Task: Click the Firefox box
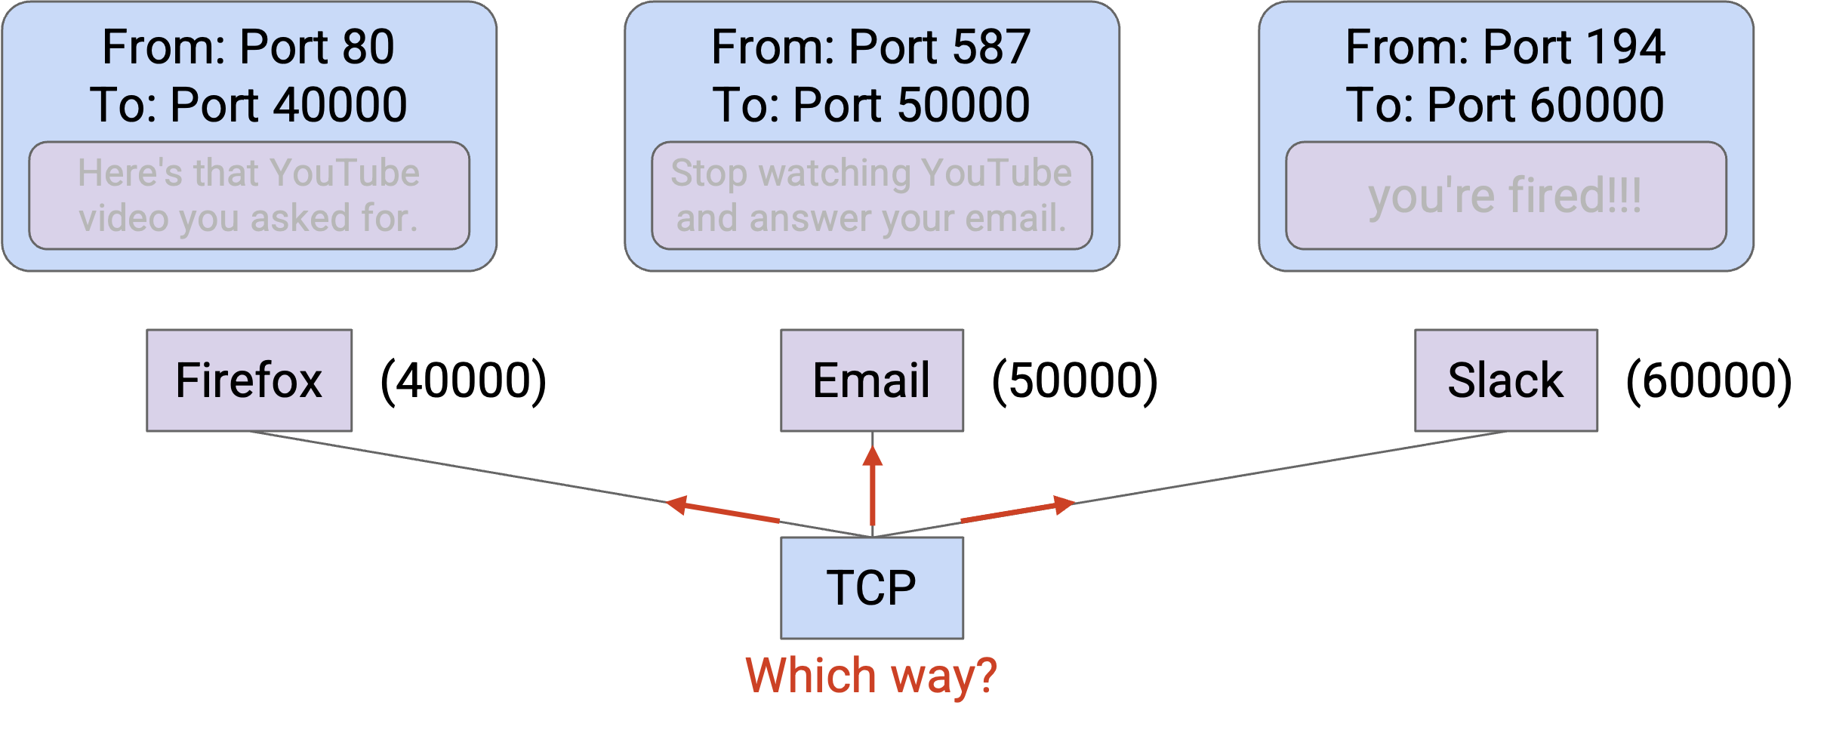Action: [249, 380]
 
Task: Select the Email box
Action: [872, 380]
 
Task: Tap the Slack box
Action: [1506, 380]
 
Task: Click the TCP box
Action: [872, 588]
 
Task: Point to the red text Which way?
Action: [871, 676]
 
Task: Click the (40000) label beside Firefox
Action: [464, 381]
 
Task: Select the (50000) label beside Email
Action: [1075, 381]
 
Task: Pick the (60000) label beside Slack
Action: [1709, 381]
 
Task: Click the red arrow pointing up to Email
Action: [873, 485]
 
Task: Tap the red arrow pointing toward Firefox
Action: [722, 510]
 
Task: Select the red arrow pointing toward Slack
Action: [1018, 510]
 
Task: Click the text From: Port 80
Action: [248, 47]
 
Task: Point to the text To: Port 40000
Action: [248, 104]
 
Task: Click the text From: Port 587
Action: [871, 47]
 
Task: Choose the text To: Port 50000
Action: [871, 104]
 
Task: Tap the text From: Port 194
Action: [1505, 47]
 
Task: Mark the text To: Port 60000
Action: [1505, 104]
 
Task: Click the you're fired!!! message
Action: [1506, 196]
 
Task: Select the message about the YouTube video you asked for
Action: [249, 196]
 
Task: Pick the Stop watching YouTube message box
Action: [872, 196]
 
